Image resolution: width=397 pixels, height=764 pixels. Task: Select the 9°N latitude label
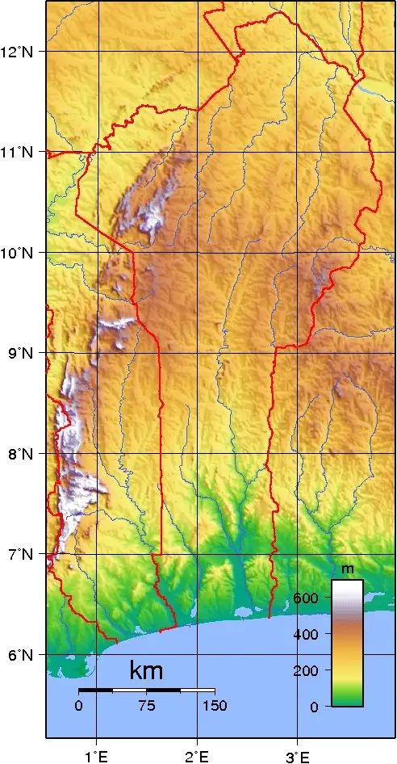[x=20, y=353]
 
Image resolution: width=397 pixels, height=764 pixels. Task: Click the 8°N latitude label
[x=20, y=454]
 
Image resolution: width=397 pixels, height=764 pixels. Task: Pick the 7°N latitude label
[x=20, y=554]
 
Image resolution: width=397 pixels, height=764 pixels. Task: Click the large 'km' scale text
[x=146, y=671]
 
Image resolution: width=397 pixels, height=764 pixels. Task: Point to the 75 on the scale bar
[x=146, y=705]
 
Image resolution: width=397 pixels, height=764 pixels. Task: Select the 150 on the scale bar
[x=215, y=705]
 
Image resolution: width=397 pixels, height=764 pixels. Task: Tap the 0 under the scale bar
[x=78, y=705]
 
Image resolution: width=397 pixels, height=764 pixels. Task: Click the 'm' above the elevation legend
[x=348, y=569]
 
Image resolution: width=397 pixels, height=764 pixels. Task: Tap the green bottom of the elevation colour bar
[x=348, y=699]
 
